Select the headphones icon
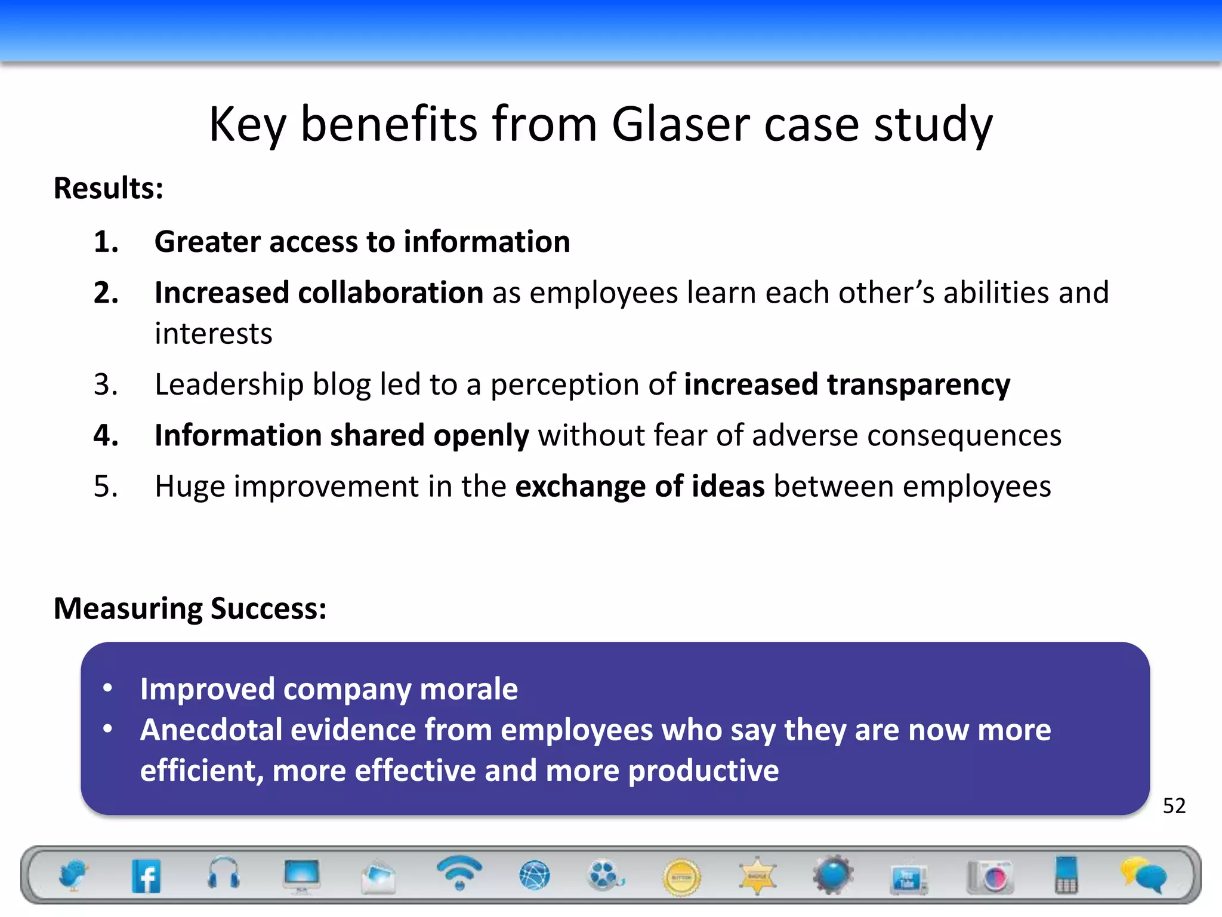224,874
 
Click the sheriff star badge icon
757,876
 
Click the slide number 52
1174,806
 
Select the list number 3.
106,384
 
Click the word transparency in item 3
918,385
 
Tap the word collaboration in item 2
390,293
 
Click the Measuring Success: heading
190,609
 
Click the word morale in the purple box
468,690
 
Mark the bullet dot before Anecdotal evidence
108,729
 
